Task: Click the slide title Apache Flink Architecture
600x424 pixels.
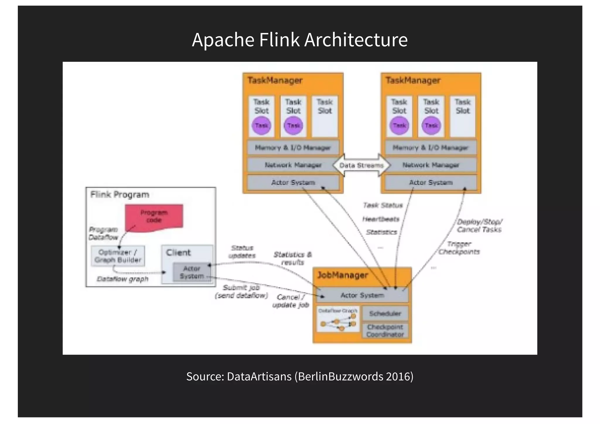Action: click(x=300, y=40)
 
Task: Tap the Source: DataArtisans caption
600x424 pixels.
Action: click(x=300, y=376)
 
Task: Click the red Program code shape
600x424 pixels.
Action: click(x=154, y=217)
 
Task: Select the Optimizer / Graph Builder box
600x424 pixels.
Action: click(x=118, y=256)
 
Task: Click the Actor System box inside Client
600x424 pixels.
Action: click(x=192, y=273)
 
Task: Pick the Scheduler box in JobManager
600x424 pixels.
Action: click(x=385, y=314)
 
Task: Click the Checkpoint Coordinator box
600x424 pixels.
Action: click(x=385, y=331)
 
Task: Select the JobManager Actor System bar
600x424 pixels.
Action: click(x=362, y=295)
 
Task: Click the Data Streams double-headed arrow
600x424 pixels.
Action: click(x=362, y=165)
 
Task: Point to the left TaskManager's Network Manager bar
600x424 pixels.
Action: click(x=293, y=165)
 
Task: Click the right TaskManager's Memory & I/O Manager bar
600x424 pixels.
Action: click(x=430, y=148)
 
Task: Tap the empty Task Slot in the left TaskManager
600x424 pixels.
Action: click(x=325, y=116)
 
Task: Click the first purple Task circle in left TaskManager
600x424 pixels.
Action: click(x=261, y=125)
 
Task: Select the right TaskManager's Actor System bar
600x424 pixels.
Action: click(x=431, y=183)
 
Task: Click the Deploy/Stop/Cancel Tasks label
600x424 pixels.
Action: click(x=479, y=226)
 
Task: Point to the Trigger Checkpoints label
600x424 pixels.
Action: click(x=459, y=248)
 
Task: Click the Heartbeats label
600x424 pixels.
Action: click(x=381, y=219)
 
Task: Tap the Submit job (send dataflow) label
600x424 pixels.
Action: click(x=241, y=292)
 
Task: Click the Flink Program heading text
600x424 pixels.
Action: click(x=120, y=195)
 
